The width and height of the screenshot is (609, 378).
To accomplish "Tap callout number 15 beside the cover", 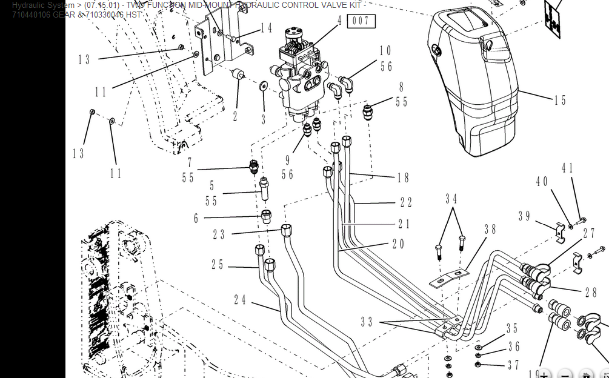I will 560,101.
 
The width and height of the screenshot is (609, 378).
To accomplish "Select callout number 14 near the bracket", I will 266,28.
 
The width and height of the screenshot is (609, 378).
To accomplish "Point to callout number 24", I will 240,299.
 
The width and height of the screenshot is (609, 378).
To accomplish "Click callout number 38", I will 490,230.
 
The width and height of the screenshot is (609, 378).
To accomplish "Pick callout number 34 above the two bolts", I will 451,199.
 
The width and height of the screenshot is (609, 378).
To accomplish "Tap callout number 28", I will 590,292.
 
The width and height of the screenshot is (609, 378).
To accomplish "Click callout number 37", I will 513,365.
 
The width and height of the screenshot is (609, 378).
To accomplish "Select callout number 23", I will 219,234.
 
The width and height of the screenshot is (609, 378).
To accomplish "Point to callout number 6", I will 196,219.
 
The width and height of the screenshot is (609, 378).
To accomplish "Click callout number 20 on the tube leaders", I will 398,244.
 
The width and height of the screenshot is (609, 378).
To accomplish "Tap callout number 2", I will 235,116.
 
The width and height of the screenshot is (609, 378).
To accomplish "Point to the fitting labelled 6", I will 266,216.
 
